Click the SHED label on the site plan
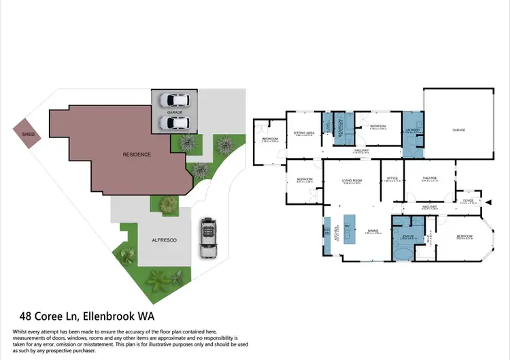click(x=27, y=135)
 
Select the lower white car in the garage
click(x=175, y=123)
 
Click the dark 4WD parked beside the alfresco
click(x=209, y=238)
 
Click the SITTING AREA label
click(x=303, y=133)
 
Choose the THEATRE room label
click(x=429, y=178)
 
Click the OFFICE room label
click(x=391, y=180)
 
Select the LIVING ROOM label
click(x=351, y=180)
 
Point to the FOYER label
click(x=469, y=201)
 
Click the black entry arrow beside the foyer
click(x=487, y=201)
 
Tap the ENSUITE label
click(x=407, y=235)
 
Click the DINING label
click(x=373, y=231)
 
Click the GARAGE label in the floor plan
click(x=459, y=129)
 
